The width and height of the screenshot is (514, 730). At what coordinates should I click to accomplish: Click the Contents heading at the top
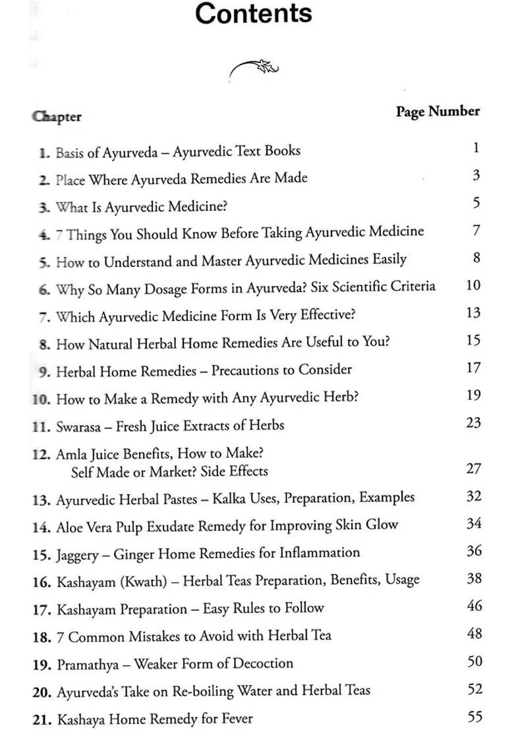click(x=254, y=14)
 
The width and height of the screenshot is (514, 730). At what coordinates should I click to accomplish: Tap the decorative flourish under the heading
click(x=254, y=67)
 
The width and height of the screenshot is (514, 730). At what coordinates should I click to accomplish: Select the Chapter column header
click(x=57, y=117)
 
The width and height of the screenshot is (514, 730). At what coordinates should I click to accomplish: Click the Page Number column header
click(x=438, y=111)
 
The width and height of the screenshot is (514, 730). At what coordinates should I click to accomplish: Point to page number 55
click(x=474, y=717)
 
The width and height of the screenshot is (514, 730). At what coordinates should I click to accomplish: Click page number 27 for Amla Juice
click(x=474, y=468)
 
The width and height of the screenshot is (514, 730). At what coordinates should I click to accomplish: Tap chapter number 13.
click(x=41, y=499)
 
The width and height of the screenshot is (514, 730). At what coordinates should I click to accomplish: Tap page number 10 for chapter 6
click(x=473, y=285)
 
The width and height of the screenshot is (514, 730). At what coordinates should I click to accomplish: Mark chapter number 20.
click(x=42, y=692)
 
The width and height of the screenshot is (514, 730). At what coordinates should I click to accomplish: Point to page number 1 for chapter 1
click(x=476, y=148)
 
